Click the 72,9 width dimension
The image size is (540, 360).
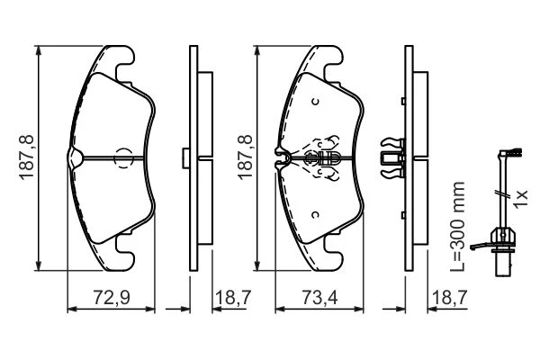point(112,297)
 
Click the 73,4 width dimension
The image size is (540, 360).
point(319,297)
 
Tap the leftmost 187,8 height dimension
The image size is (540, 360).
point(27,157)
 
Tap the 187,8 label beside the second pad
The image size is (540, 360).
point(245,157)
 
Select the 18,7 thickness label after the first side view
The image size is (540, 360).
point(233,297)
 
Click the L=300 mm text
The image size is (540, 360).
point(458,226)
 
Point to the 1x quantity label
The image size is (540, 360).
point(520,198)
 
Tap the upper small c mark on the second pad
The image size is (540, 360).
point(315,102)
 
